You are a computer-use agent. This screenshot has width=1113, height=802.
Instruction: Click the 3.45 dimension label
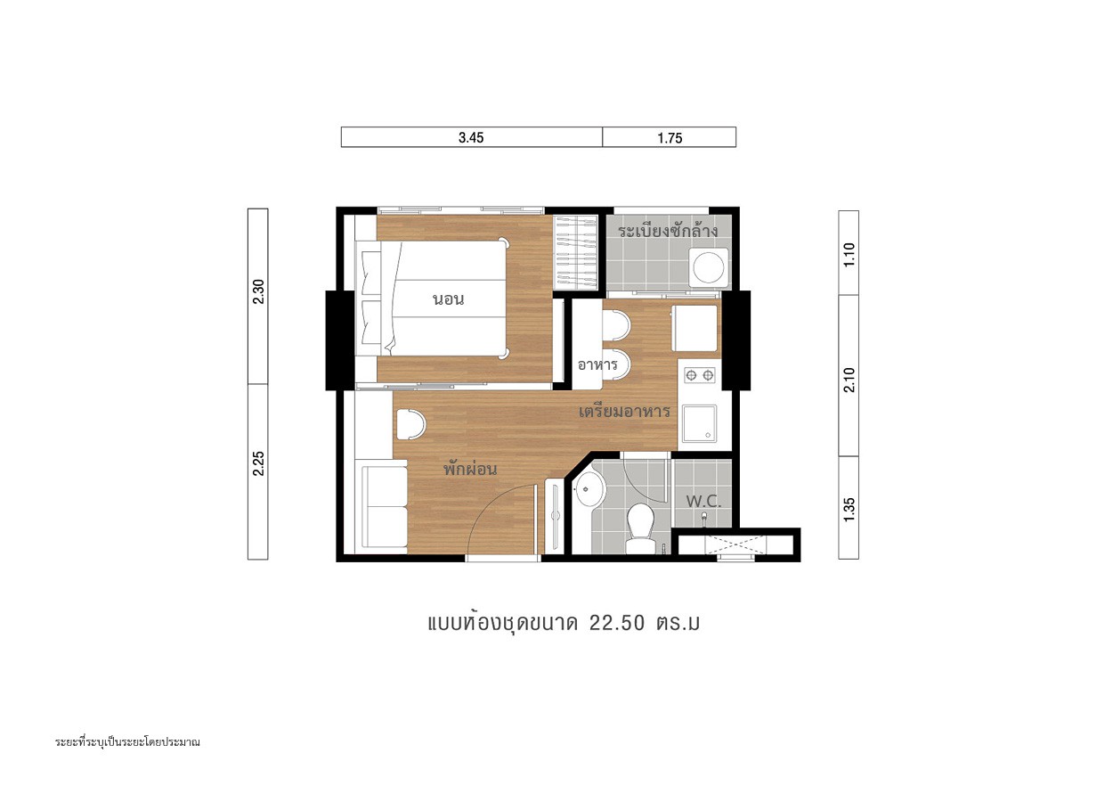pos(471,138)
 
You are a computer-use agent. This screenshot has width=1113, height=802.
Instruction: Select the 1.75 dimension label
pos(670,138)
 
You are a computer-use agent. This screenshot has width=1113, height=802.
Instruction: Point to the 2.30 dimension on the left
pos(258,292)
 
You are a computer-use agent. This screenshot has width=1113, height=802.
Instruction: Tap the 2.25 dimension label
pos(258,463)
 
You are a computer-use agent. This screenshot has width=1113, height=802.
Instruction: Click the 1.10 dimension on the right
pos(849,255)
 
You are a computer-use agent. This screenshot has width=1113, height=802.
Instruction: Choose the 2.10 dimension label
pos(849,380)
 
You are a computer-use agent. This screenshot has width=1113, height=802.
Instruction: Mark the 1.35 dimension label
pos(849,510)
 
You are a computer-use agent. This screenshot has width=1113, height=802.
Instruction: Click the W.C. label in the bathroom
pos(703,501)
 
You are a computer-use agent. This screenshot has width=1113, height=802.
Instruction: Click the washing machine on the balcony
pos(709,268)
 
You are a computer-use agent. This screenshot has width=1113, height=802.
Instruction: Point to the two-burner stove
pos(700,375)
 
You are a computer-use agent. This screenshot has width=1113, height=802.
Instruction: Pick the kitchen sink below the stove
pos(699,423)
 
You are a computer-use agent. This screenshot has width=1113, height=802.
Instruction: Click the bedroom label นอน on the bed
pos(448,299)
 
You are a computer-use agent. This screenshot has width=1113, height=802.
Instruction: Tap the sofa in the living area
pos(384,507)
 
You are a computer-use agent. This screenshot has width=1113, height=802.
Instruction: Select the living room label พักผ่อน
pos(470,469)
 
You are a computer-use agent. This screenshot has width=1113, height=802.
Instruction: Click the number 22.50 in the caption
pos(617,623)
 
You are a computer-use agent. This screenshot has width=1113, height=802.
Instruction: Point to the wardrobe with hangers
pos(576,252)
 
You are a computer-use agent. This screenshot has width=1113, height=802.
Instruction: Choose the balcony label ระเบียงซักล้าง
pos(668,231)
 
